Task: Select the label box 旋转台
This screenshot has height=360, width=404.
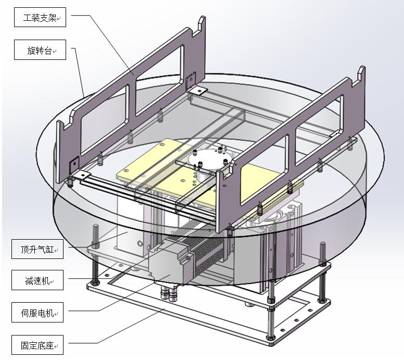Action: (x=40, y=51)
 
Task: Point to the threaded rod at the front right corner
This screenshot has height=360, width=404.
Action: (x=271, y=313)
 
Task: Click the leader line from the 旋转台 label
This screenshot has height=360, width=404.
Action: (x=80, y=73)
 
